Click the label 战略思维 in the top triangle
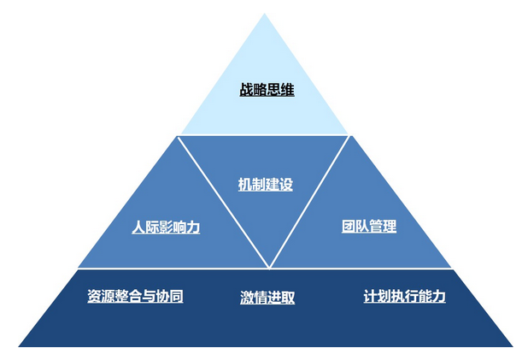point(267,89)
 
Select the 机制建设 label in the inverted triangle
point(265,184)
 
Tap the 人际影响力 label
point(166,227)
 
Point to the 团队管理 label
point(369,227)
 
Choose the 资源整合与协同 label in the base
point(135,297)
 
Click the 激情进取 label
point(267,298)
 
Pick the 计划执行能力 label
point(404,297)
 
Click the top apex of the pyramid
point(264,15)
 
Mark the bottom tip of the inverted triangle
point(268,267)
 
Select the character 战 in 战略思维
point(246,89)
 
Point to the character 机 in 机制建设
point(244,184)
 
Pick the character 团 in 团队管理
point(349,227)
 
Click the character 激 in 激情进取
point(247,298)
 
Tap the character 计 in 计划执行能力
point(370,297)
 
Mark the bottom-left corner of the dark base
point(20,345)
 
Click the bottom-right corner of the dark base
point(513,345)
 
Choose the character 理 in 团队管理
point(390,227)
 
